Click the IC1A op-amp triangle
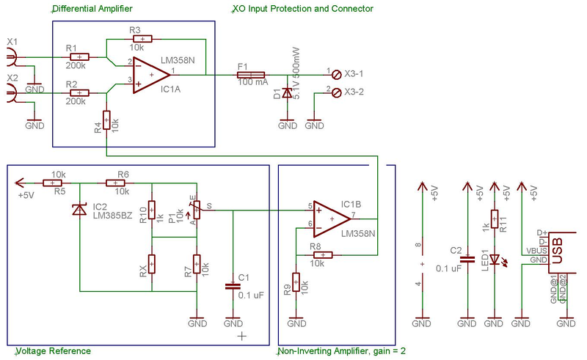pyautogui.click(x=150, y=74)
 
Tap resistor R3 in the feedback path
pyautogui.click(x=142, y=39)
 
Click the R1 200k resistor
pyautogui.click(x=78, y=56)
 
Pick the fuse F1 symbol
pyautogui.click(x=252, y=74)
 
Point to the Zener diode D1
pyautogui.click(x=288, y=93)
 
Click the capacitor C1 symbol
pyautogui.click(x=233, y=287)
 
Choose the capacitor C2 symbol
pyautogui.click(x=467, y=259)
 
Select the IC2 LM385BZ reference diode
pyautogui.click(x=79, y=210)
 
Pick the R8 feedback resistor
pyautogui.click(x=321, y=255)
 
